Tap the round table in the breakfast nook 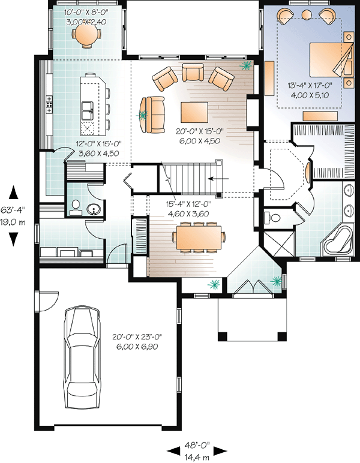tap(86, 34)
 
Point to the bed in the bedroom tap(330, 59)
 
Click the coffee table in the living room tap(194, 112)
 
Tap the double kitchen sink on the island tap(87, 110)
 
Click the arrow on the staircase tap(218, 178)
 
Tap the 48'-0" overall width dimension tap(197, 444)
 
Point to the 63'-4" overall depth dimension tap(13, 210)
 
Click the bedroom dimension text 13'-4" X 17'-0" tap(310, 86)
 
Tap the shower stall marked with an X tap(278, 245)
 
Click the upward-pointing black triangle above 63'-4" tap(14, 193)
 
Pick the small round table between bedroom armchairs tap(307, 14)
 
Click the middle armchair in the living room tap(193, 72)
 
